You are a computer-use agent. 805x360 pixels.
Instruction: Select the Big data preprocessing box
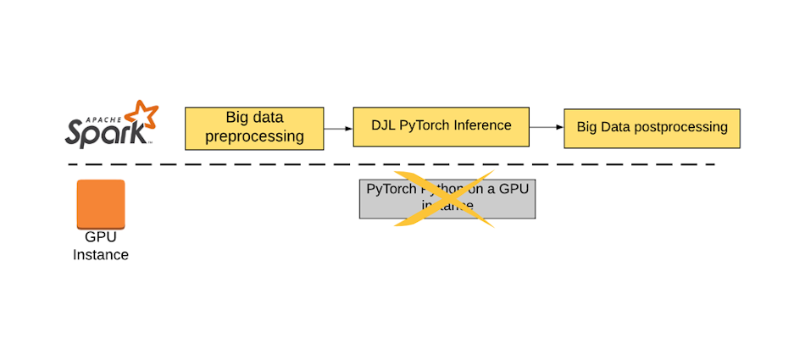pos(254,128)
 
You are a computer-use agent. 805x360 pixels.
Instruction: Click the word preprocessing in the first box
pos(254,136)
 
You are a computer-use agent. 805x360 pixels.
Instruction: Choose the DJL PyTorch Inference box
pos(441,126)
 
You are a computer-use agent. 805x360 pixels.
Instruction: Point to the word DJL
pos(383,125)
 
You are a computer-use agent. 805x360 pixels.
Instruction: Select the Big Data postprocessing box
pos(652,128)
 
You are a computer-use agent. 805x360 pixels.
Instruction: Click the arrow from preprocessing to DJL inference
pos(338,129)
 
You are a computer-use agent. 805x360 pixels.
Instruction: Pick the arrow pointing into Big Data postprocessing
pos(547,127)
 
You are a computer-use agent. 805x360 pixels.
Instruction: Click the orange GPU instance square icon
pos(101,204)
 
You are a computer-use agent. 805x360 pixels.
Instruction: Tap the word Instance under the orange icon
pos(101,255)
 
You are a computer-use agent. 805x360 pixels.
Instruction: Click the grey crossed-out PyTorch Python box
pos(447,199)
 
